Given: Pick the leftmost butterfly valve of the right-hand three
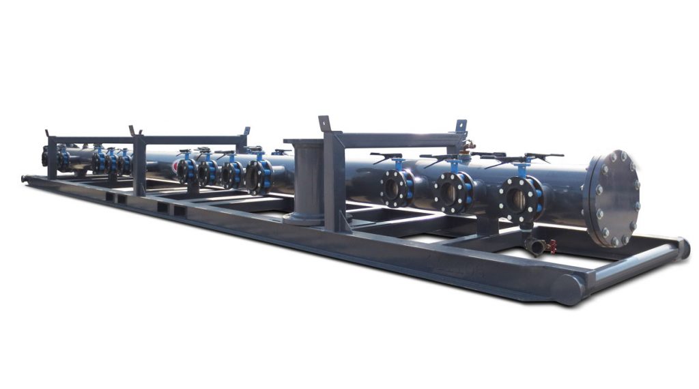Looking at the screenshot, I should [x=397, y=188].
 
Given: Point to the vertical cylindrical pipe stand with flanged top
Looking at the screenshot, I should [x=306, y=182].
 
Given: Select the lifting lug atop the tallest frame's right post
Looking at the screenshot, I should [x=461, y=126].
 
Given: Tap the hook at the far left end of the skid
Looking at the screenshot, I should [x=26, y=179].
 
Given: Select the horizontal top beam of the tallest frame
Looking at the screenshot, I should [x=396, y=139].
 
